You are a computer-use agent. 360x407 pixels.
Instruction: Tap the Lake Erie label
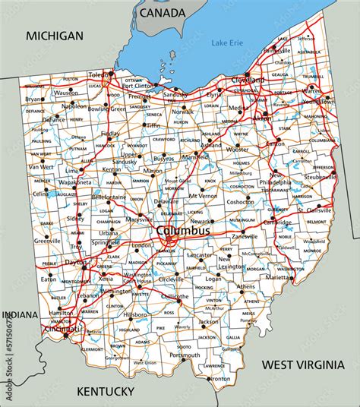[227, 43]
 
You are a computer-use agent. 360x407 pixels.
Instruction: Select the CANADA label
[162, 13]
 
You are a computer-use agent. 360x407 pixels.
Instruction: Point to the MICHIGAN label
[54, 36]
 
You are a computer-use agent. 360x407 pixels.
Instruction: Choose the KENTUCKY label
[106, 391]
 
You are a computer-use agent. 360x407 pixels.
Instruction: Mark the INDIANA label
[20, 315]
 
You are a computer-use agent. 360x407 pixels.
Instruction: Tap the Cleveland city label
[249, 80]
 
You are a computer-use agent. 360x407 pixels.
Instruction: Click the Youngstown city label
[317, 101]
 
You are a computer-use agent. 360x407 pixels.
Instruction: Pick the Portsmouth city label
[185, 355]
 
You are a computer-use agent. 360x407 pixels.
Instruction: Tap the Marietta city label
[279, 278]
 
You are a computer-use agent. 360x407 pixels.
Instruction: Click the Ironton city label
[219, 378]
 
